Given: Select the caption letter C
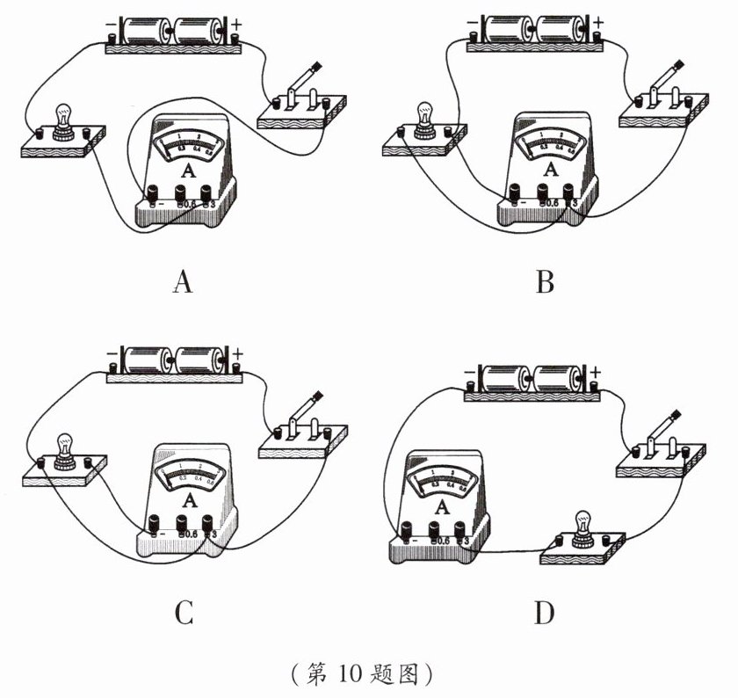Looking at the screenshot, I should (x=183, y=612).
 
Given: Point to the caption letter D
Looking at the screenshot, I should (x=545, y=612).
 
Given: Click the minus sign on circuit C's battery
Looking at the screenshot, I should (x=112, y=355).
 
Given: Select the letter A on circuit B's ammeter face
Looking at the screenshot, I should (x=551, y=167).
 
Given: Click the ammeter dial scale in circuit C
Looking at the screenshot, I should (x=190, y=473).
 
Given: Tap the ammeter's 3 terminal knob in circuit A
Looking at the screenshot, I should (x=206, y=193).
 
